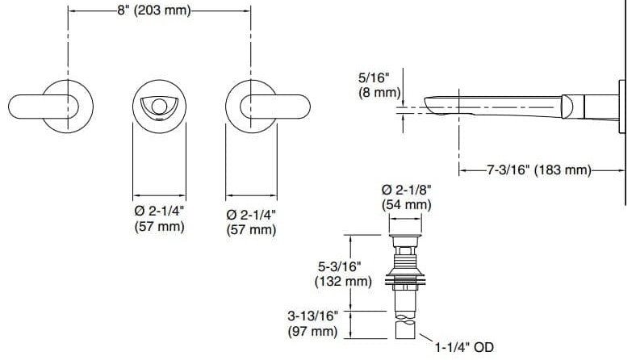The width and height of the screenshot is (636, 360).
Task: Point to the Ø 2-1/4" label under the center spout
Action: (x=159, y=212)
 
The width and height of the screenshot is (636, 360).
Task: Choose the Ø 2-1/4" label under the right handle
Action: (x=251, y=215)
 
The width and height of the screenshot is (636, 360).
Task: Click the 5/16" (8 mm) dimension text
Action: (x=379, y=86)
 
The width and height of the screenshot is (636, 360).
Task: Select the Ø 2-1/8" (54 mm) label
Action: (x=406, y=197)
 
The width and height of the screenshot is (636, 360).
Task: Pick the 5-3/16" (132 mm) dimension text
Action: (x=342, y=274)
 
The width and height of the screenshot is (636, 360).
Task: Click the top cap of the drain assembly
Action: (x=406, y=240)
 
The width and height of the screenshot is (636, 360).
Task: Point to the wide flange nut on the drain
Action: (x=406, y=282)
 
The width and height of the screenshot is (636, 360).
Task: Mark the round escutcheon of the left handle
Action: (x=68, y=89)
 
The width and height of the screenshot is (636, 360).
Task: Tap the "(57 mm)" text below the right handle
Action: (x=251, y=230)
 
